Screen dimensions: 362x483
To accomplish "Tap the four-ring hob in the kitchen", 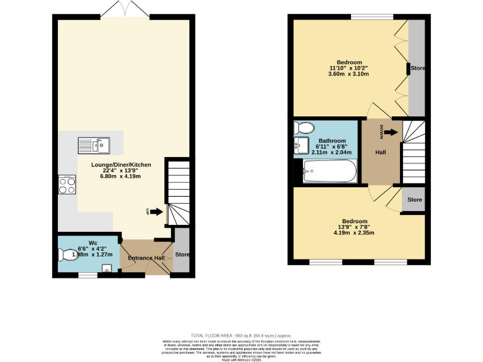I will pos(67,185).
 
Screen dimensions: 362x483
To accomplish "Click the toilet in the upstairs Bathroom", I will pos(304,128).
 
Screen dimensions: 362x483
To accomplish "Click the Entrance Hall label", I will pos(146,258).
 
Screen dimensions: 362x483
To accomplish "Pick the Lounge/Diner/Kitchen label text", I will pos(121,165).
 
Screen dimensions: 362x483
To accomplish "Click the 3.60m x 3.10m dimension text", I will pos(348,74).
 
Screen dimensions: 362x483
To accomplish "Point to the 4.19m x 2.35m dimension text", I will pos(355,233).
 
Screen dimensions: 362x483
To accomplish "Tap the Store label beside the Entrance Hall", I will pos(182,255).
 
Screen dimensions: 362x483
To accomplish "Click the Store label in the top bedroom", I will pos(418,69).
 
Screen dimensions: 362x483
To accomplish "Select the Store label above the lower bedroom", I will pos(414,200).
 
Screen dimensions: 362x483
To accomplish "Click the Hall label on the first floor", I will pos(381,153).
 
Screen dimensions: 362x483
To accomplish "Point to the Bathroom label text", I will pos(331,141).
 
